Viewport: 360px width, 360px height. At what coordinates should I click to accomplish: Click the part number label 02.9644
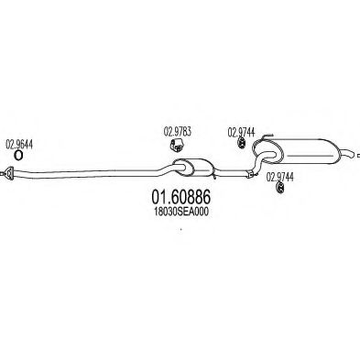click(x=19, y=145)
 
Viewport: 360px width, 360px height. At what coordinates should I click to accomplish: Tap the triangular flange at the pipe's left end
click(x=10, y=173)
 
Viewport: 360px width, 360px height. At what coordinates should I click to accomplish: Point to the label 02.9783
click(x=178, y=132)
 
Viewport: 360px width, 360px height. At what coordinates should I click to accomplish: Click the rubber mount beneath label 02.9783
click(x=177, y=145)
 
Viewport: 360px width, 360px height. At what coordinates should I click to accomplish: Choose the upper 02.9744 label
click(x=241, y=132)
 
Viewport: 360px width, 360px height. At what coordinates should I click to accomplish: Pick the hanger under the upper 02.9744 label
click(x=242, y=143)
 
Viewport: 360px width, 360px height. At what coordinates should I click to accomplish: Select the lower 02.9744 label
click(x=280, y=177)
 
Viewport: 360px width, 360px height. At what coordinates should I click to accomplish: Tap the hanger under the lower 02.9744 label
click(x=279, y=188)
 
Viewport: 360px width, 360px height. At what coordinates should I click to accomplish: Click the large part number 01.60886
click(x=180, y=197)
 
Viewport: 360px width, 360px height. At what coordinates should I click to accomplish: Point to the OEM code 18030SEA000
click(x=181, y=212)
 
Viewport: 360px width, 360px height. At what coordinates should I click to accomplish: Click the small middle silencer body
click(x=193, y=167)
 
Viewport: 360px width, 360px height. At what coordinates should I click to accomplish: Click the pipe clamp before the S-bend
click(x=250, y=174)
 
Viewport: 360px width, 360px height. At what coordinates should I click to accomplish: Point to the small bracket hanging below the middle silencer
click(x=214, y=176)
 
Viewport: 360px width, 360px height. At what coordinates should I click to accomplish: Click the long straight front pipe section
click(x=85, y=173)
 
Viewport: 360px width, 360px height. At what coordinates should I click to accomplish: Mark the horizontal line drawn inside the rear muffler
click(x=311, y=156)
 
